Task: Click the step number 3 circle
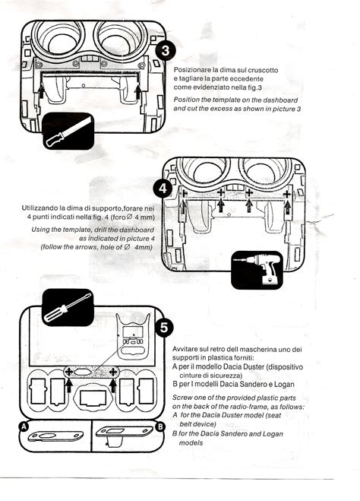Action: tap(166, 50)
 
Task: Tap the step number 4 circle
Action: tap(163, 189)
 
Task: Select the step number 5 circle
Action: tap(164, 328)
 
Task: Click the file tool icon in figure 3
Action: tap(68, 131)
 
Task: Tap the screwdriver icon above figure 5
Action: tap(68, 307)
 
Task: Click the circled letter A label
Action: tap(24, 426)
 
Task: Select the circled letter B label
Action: tap(160, 426)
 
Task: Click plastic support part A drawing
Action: tap(55, 436)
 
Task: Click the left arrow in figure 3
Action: tap(41, 90)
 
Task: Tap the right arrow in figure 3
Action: tap(138, 91)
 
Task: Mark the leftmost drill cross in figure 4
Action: tap(183, 193)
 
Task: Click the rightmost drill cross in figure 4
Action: tap(286, 194)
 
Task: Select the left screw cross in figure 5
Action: tap(69, 372)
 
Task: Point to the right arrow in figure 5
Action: tap(112, 385)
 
